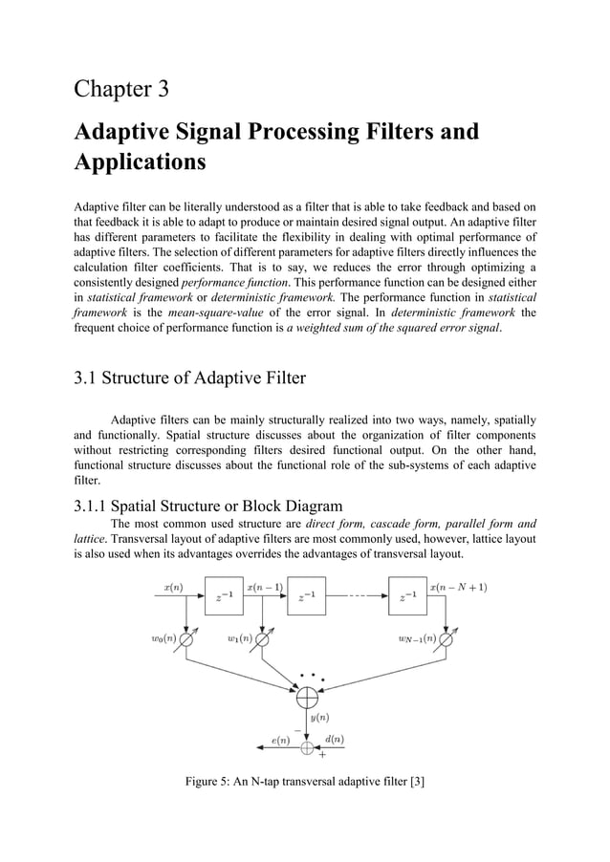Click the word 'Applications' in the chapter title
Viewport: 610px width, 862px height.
pyautogui.click(x=140, y=161)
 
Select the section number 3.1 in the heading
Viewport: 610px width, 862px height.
pyautogui.click(x=90, y=377)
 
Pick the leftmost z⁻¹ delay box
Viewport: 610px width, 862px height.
pyautogui.click(x=224, y=598)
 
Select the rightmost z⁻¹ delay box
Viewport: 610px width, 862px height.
pyautogui.click(x=406, y=598)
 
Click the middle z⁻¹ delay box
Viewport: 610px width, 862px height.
pyautogui.click(x=306, y=598)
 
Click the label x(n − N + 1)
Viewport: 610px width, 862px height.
pyautogui.click(x=459, y=587)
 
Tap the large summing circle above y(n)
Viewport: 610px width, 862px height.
pyautogui.click(x=307, y=700)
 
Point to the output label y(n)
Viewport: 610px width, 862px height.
pyautogui.click(x=320, y=718)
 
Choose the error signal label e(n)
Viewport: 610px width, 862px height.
pyautogui.click(x=281, y=739)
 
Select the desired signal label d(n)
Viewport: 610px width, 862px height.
pyautogui.click(x=335, y=739)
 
